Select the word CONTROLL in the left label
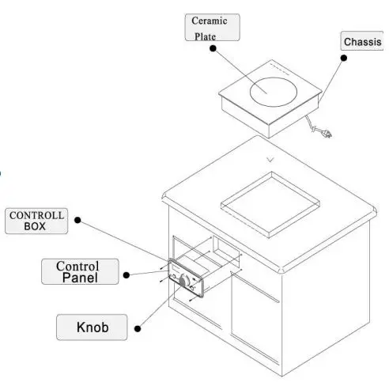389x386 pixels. tap(36, 215)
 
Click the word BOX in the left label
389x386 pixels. tap(36, 226)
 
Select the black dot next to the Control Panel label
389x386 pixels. tap(125, 276)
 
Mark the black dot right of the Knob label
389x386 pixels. tap(138, 326)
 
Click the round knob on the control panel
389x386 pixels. tap(184, 281)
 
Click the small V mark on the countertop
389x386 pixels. tap(271, 160)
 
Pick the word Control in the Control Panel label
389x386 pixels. tap(77, 266)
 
